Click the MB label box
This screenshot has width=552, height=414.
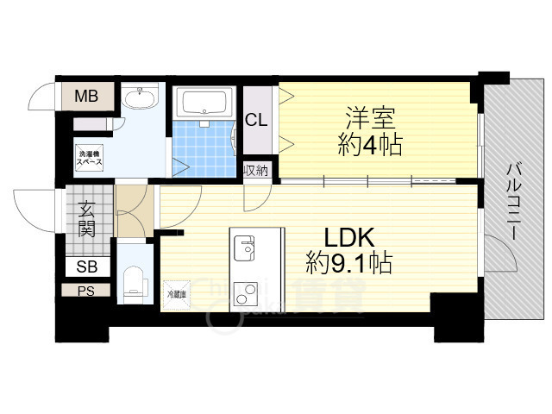(x=85, y=96)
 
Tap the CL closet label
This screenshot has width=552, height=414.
(x=256, y=120)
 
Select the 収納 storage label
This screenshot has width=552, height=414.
(x=256, y=170)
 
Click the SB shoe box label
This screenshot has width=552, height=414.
(x=86, y=267)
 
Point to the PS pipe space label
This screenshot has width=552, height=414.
(x=85, y=291)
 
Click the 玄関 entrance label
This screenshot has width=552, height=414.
(x=87, y=218)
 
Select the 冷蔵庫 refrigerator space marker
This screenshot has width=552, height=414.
(x=176, y=294)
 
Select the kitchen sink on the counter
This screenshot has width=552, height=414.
(x=244, y=248)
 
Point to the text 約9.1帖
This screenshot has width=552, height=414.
(x=348, y=262)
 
